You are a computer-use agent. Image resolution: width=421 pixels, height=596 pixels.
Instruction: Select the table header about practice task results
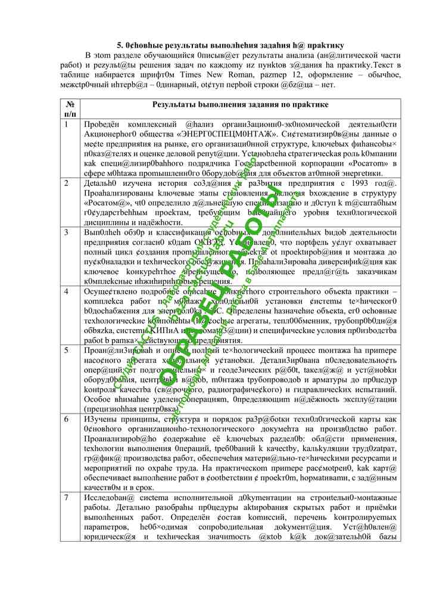pos(240,104)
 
